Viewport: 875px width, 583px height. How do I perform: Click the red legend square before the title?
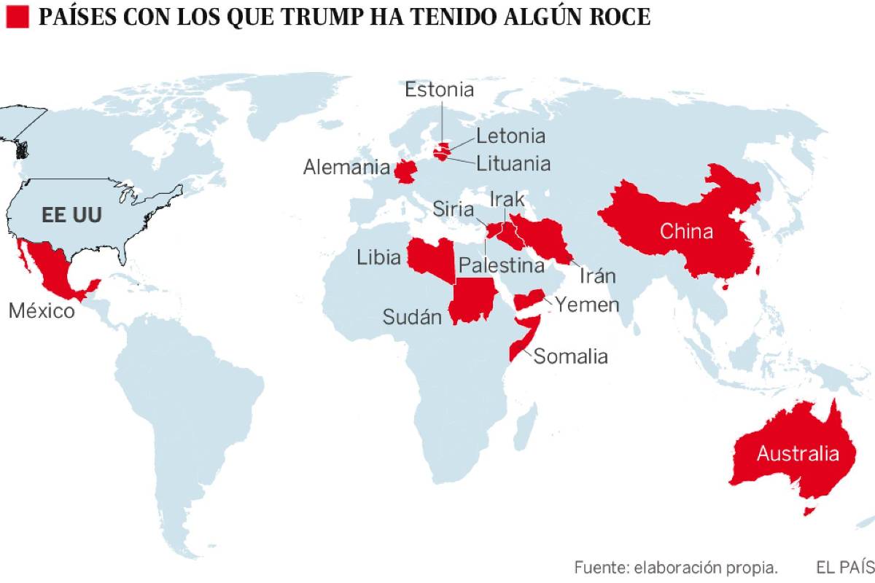pos(17,17)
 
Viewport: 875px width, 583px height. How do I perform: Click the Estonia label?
pos(440,90)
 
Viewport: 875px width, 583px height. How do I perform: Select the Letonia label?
pos(510,136)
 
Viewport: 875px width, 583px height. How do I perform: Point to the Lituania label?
pos(513,163)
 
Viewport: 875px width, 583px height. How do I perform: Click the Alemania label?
pos(346,168)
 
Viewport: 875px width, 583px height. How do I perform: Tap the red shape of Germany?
pos(404,172)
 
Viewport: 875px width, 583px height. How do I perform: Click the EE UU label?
pos(71,215)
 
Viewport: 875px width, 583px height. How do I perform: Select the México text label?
pos(42,311)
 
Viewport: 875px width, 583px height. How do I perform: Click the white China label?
pos(686,231)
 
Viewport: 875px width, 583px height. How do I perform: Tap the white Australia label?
pos(797,453)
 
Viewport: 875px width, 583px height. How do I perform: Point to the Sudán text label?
pos(413,317)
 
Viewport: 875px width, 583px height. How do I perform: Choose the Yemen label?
pos(587,305)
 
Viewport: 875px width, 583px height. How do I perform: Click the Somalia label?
pos(570,356)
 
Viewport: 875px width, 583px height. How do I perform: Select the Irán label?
pos(598,275)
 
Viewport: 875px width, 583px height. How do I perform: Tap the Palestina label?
pos(501,265)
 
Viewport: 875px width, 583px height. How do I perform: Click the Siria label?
pos(453,209)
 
